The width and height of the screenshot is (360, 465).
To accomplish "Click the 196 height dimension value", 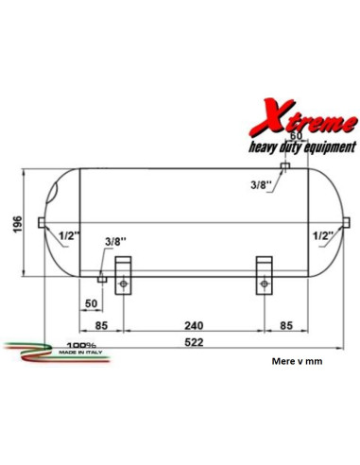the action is (x=18, y=224).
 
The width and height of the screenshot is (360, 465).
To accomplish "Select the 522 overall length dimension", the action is (x=194, y=342).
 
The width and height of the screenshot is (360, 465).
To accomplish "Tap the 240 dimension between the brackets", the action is (x=194, y=325).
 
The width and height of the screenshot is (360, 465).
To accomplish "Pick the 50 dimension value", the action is (x=91, y=303).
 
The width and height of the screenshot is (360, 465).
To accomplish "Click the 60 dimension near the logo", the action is (x=296, y=136).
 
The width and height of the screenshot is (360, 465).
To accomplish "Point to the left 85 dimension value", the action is (x=101, y=325).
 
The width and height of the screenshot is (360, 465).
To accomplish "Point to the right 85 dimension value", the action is (x=286, y=325).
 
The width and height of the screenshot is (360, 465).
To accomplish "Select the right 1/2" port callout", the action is (x=323, y=235).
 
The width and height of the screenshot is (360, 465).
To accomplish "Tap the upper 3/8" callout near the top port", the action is (x=261, y=185).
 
